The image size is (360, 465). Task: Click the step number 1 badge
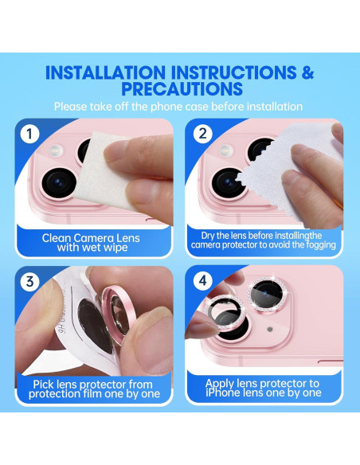[x=29, y=134]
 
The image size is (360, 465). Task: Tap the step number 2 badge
[x=202, y=134]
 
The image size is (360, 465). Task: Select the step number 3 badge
[x=29, y=280]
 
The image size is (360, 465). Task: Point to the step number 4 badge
[x=203, y=280]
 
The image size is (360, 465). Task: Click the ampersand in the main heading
[x=308, y=72]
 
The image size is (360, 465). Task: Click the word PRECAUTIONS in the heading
[x=182, y=88]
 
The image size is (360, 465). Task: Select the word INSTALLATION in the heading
[x=106, y=72]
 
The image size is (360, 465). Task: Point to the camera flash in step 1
[x=56, y=150]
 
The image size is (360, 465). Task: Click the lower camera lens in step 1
[x=59, y=183]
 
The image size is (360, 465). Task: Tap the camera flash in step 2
[x=225, y=150]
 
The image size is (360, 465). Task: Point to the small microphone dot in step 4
[x=269, y=329]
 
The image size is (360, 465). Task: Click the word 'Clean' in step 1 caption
[x=57, y=238]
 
